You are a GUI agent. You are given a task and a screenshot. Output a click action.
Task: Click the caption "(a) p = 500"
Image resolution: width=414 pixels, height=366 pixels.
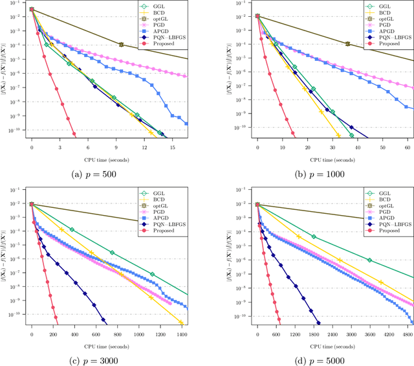(105, 174)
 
